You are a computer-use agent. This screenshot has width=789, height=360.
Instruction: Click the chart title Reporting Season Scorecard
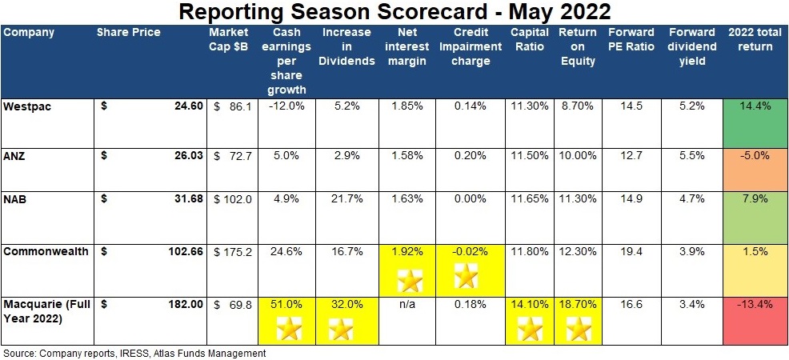(x=394, y=12)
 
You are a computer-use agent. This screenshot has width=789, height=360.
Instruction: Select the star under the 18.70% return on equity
(x=577, y=328)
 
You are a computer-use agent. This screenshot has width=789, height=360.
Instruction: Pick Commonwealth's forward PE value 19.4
(x=630, y=251)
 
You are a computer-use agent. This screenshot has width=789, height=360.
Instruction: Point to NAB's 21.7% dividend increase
(x=346, y=201)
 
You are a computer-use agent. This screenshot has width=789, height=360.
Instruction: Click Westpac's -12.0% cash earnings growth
(x=286, y=106)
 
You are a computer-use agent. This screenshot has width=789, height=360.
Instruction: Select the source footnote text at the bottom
(x=134, y=353)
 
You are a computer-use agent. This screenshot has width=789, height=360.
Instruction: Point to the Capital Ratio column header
(x=528, y=39)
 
